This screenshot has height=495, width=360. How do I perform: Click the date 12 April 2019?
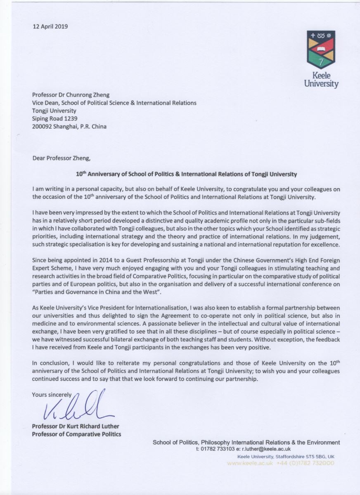(x=50, y=26)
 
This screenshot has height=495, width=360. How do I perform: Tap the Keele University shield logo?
(x=321, y=50)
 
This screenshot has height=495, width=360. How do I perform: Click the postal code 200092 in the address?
(x=43, y=127)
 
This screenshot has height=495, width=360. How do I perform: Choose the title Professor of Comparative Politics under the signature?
(x=76, y=434)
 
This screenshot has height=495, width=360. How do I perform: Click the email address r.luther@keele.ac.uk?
(x=268, y=449)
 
